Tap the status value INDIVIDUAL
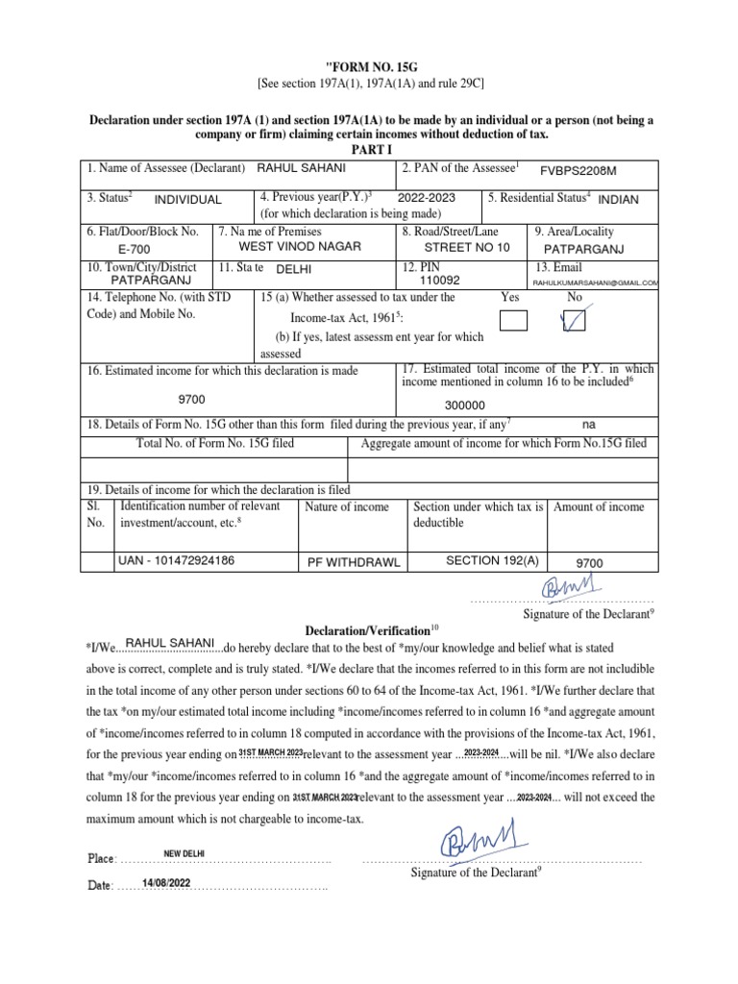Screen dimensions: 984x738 pyautogui.click(x=187, y=200)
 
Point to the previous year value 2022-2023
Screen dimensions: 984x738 pyautogui.click(x=421, y=197)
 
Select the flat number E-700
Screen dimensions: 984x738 pyautogui.click(x=135, y=248)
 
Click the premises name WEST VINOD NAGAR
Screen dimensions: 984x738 pyautogui.click(x=300, y=247)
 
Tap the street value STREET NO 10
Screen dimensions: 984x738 pyautogui.click(x=468, y=247)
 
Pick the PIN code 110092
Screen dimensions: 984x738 pyautogui.click(x=440, y=281)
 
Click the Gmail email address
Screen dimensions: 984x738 pyautogui.click(x=595, y=283)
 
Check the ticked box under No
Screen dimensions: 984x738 pyautogui.click(x=575, y=322)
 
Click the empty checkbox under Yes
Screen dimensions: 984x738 pyautogui.click(x=514, y=322)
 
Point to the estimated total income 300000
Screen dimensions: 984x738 pyautogui.click(x=464, y=406)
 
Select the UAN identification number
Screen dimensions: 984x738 pyautogui.click(x=175, y=559)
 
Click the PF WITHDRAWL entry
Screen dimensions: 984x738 pyautogui.click(x=353, y=562)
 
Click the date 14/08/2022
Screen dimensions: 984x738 pyautogui.click(x=166, y=883)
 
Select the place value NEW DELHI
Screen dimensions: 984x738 pyautogui.click(x=184, y=853)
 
